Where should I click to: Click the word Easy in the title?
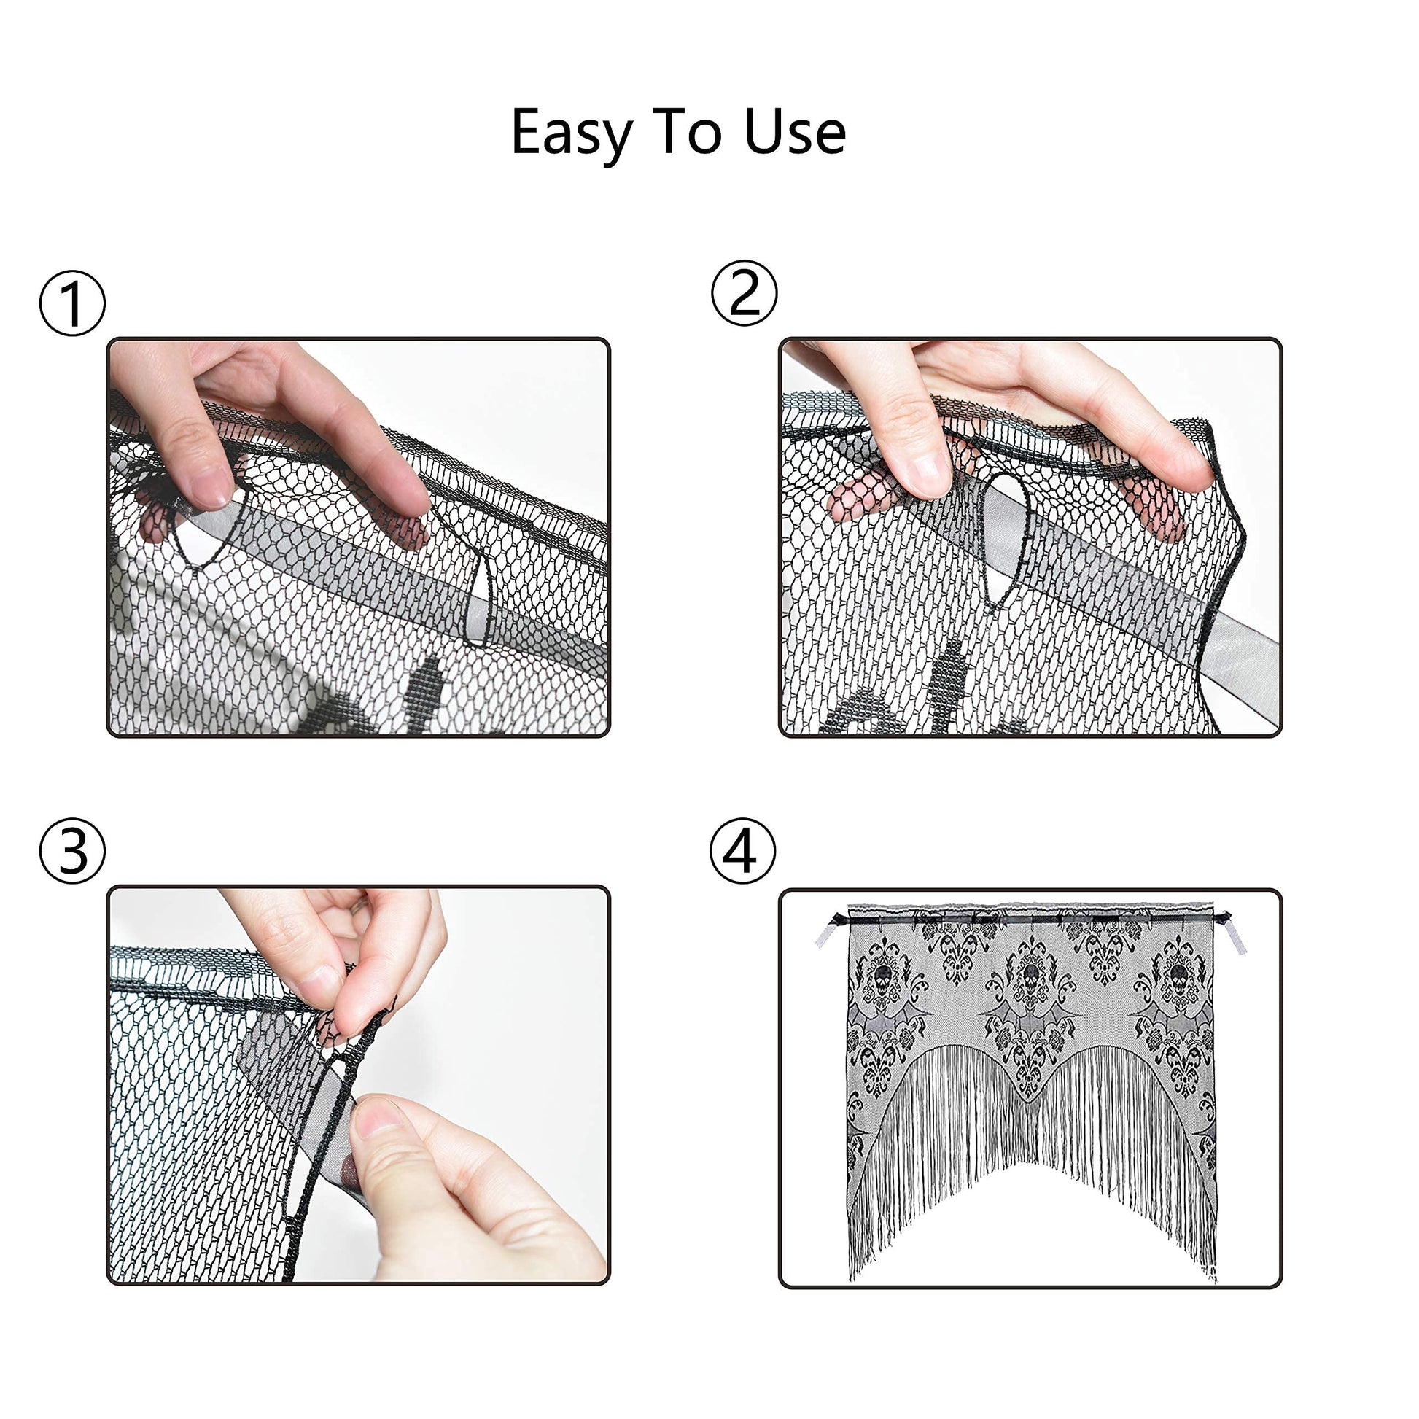pyautogui.click(x=572, y=133)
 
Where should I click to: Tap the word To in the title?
pyautogui.click(x=686, y=131)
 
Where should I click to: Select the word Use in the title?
pyautogui.click(x=795, y=131)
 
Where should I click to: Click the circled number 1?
pyautogui.click(x=72, y=304)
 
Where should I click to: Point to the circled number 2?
pyautogui.click(x=744, y=293)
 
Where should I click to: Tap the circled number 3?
pyautogui.click(x=72, y=851)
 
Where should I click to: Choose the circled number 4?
pyautogui.click(x=742, y=851)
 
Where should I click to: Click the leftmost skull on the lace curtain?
pyautogui.click(x=884, y=976)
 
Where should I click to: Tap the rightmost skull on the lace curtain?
pyautogui.click(x=1180, y=976)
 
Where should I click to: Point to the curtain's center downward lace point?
pyautogui.click(x=1032, y=1097)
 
